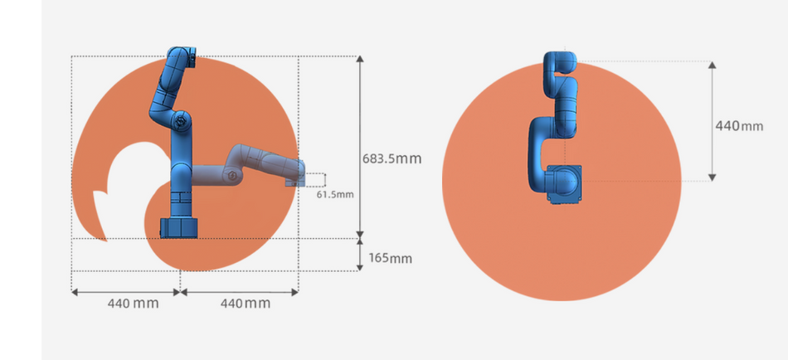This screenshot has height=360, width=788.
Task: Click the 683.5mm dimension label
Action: tap(392, 159)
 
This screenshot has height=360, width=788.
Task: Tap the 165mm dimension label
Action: tap(390, 259)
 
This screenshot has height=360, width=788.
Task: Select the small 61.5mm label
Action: tap(335, 194)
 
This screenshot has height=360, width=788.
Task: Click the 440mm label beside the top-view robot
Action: tap(739, 126)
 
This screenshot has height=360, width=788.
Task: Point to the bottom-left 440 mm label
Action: tap(134, 304)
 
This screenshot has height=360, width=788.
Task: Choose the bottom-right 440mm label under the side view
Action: tap(246, 304)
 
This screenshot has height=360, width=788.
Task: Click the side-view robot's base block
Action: tap(180, 228)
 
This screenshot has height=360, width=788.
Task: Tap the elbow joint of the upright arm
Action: tap(181, 120)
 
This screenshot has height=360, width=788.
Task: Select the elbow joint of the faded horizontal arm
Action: tap(232, 176)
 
